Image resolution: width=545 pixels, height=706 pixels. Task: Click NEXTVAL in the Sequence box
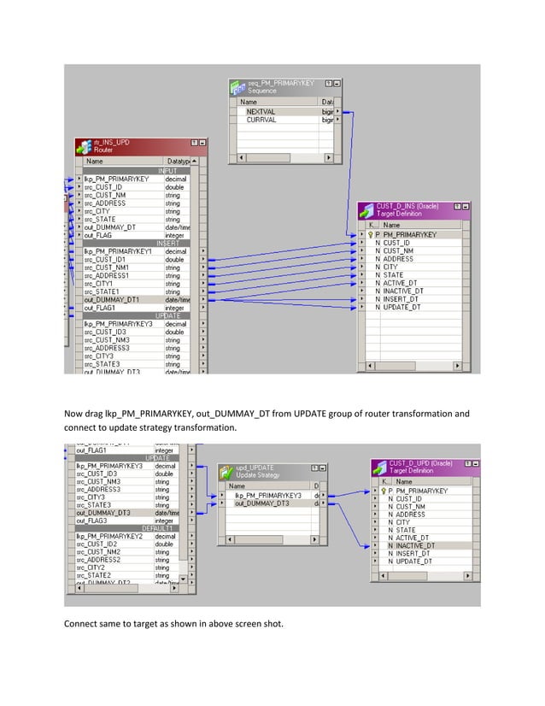tap(261, 112)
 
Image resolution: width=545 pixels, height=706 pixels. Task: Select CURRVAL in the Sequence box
tap(261, 121)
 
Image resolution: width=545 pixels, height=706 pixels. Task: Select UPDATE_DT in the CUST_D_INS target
tap(401, 308)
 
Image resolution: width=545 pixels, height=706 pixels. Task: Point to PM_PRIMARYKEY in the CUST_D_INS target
tap(410, 234)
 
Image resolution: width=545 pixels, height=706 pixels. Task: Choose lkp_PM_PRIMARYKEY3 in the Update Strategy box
tap(268, 496)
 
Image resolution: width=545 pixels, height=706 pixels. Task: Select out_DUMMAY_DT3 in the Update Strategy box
tap(263, 504)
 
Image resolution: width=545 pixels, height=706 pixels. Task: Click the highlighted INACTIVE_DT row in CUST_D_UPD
tap(416, 545)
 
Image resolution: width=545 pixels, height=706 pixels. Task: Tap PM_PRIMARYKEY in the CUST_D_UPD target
tap(422, 491)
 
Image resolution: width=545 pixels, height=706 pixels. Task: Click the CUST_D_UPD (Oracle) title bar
tap(419, 467)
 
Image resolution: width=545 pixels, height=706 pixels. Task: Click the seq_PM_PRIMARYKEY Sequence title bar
tap(281, 87)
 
